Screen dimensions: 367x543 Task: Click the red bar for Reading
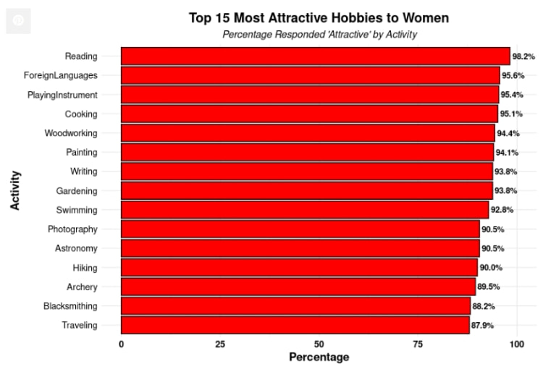(315, 56)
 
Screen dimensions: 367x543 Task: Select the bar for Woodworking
(308, 132)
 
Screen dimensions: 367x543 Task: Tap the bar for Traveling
(295, 325)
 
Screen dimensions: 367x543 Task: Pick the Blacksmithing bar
(295, 305)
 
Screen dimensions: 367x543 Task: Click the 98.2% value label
(523, 56)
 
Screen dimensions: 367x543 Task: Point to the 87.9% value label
(483, 326)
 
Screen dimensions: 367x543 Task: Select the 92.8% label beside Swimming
(502, 210)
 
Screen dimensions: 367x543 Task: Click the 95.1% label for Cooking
(511, 114)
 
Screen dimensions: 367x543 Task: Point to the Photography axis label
(72, 229)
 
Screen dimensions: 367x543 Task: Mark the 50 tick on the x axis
(319, 344)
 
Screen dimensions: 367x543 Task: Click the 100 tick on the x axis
(516, 344)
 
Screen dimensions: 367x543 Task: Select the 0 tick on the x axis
(121, 344)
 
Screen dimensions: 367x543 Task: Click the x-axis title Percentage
(319, 357)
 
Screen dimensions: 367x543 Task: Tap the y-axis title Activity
(15, 190)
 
